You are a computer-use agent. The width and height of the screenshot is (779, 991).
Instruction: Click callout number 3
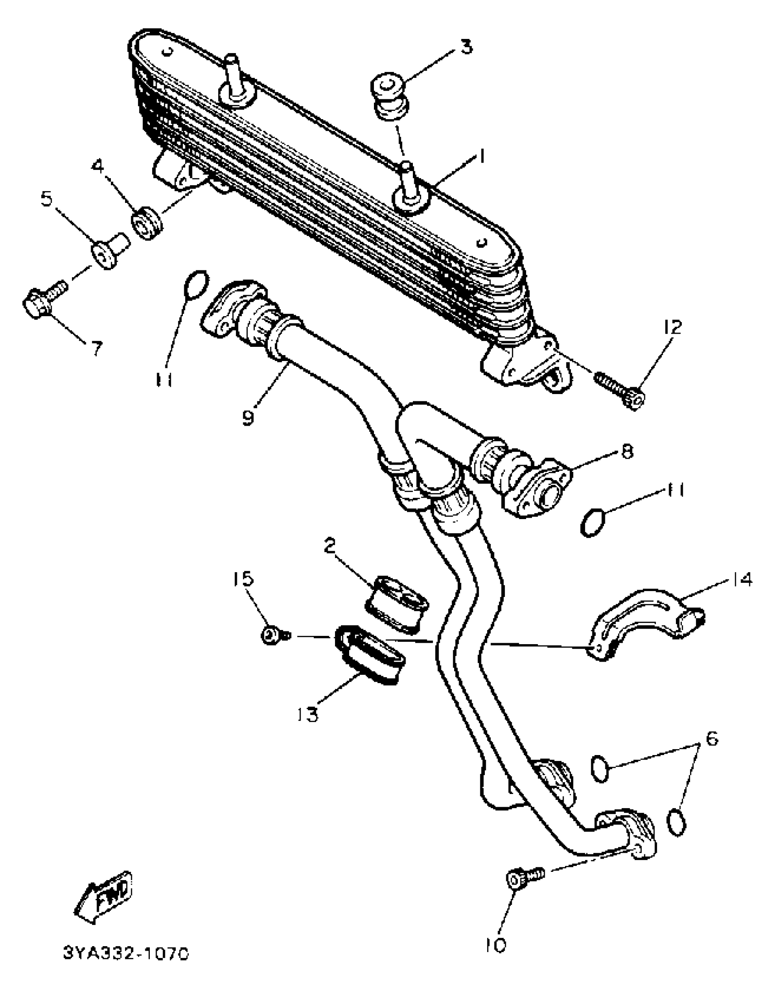[x=466, y=47]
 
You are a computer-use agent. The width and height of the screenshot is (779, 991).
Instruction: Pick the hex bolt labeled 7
[x=44, y=300]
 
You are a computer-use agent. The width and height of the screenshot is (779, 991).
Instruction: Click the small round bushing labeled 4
[x=148, y=224]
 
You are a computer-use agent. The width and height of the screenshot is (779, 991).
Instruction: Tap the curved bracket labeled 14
[x=646, y=624]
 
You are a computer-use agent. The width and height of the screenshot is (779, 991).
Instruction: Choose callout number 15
[x=242, y=579]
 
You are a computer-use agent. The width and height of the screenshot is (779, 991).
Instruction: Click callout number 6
[x=711, y=739]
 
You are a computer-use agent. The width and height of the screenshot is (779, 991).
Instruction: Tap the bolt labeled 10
[x=524, y=878]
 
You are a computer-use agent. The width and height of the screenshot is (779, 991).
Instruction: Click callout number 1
[x=481, y=157]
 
